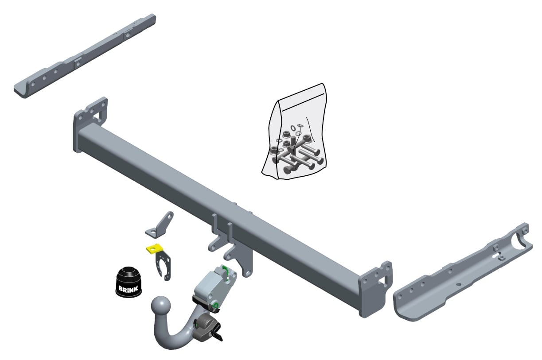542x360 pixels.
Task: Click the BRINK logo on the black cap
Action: tap(128, 289)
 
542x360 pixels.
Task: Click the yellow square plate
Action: tap(155, 248)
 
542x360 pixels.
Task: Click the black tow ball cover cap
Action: tap(128, 282)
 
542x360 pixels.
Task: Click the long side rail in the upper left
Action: tap(85, 56)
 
